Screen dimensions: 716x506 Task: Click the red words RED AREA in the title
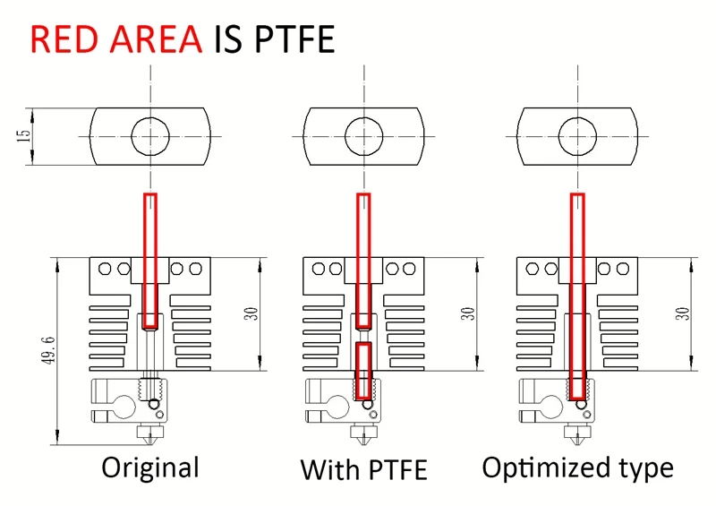[x=116, y=39]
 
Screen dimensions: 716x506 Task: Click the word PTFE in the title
[x=295, y=39]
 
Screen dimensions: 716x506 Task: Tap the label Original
[x=150, y=468]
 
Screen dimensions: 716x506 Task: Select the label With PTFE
[x=364, y=469]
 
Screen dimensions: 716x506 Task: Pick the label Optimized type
[x=577, y=468]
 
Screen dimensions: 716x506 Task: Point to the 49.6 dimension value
[x=49, y=350]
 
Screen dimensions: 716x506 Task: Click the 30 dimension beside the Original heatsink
[x=251, y=313]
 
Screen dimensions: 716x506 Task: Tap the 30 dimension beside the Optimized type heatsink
[x=683, y=313]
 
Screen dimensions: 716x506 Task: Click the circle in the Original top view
[x=150, y=117]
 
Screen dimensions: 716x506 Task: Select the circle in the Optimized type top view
[x=577, y=117]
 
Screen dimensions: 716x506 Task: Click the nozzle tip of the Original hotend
[x=150, y=444]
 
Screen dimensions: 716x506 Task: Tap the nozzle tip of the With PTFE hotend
[x=364, y=444]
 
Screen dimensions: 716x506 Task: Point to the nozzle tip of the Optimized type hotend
[x=577, y=444]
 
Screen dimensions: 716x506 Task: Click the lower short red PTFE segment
[x=364, y=370]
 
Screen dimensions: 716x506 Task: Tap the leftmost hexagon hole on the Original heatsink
[x=105, y=269]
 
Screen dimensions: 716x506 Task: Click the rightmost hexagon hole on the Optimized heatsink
[x=622, y=269]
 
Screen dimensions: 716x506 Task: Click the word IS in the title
[x=228, y=39]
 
